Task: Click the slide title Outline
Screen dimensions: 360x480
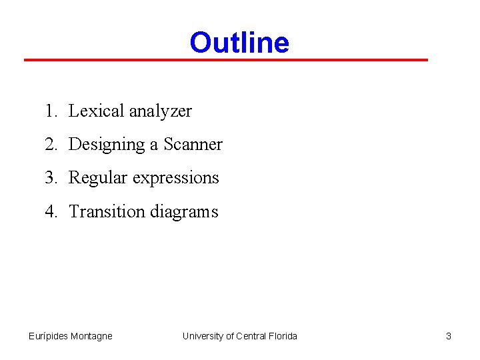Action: [x=239, y=43]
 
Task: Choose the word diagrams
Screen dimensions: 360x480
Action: [x=184, y=211]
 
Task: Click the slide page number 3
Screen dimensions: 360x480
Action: [x=449, y=336]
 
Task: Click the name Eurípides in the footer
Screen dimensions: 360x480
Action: [x=49, y=336]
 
